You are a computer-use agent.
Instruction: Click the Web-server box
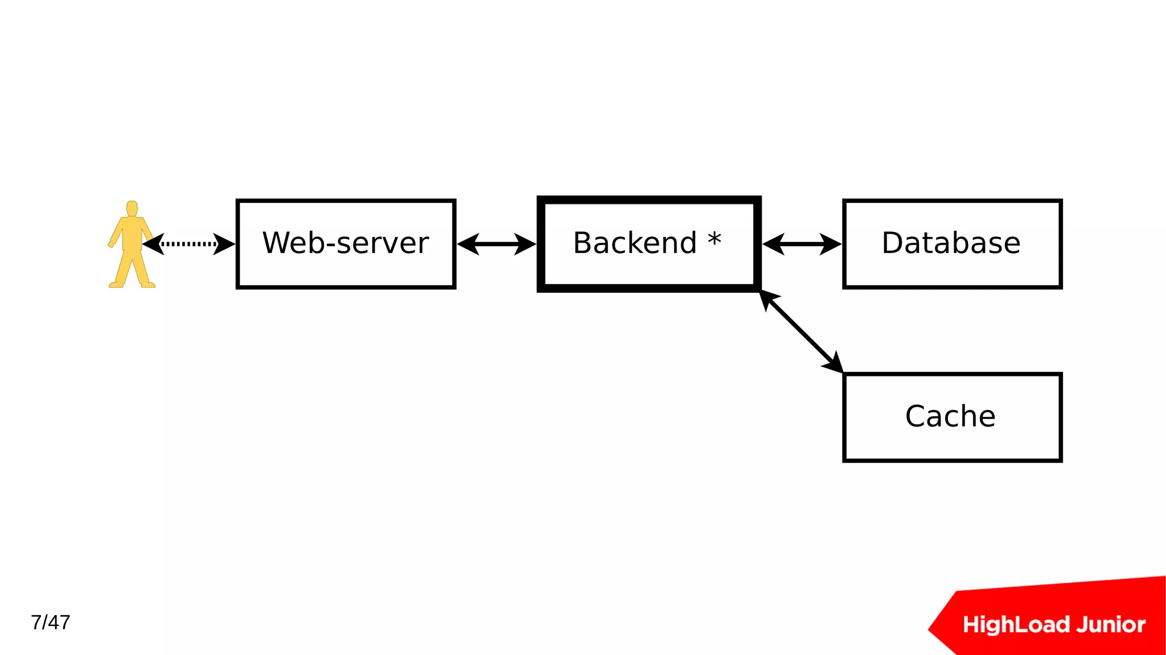pyautogui.click(x=346, y=244)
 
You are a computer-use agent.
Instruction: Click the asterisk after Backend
pyautogui.click(x=715, y=239)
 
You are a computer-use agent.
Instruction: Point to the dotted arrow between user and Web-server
pyautogui.click(x=189, y=244)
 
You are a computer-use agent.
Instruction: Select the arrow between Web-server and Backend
pyautogui.click(x=496, y=244)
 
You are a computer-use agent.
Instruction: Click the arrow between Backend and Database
pyautogui.click(x=802, y=244)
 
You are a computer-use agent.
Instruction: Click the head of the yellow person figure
pyautogui.click(x=132, y=208)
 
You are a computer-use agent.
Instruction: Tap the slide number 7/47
pyautogui.click(x=51, y=623)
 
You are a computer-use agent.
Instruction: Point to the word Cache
pyautogui.click(x=950, y=416)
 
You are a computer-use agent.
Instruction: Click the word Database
pyautogui.click(x=951, y=243)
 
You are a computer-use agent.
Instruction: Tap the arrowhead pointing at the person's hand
pyautogui.click(x=153, y=244)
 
